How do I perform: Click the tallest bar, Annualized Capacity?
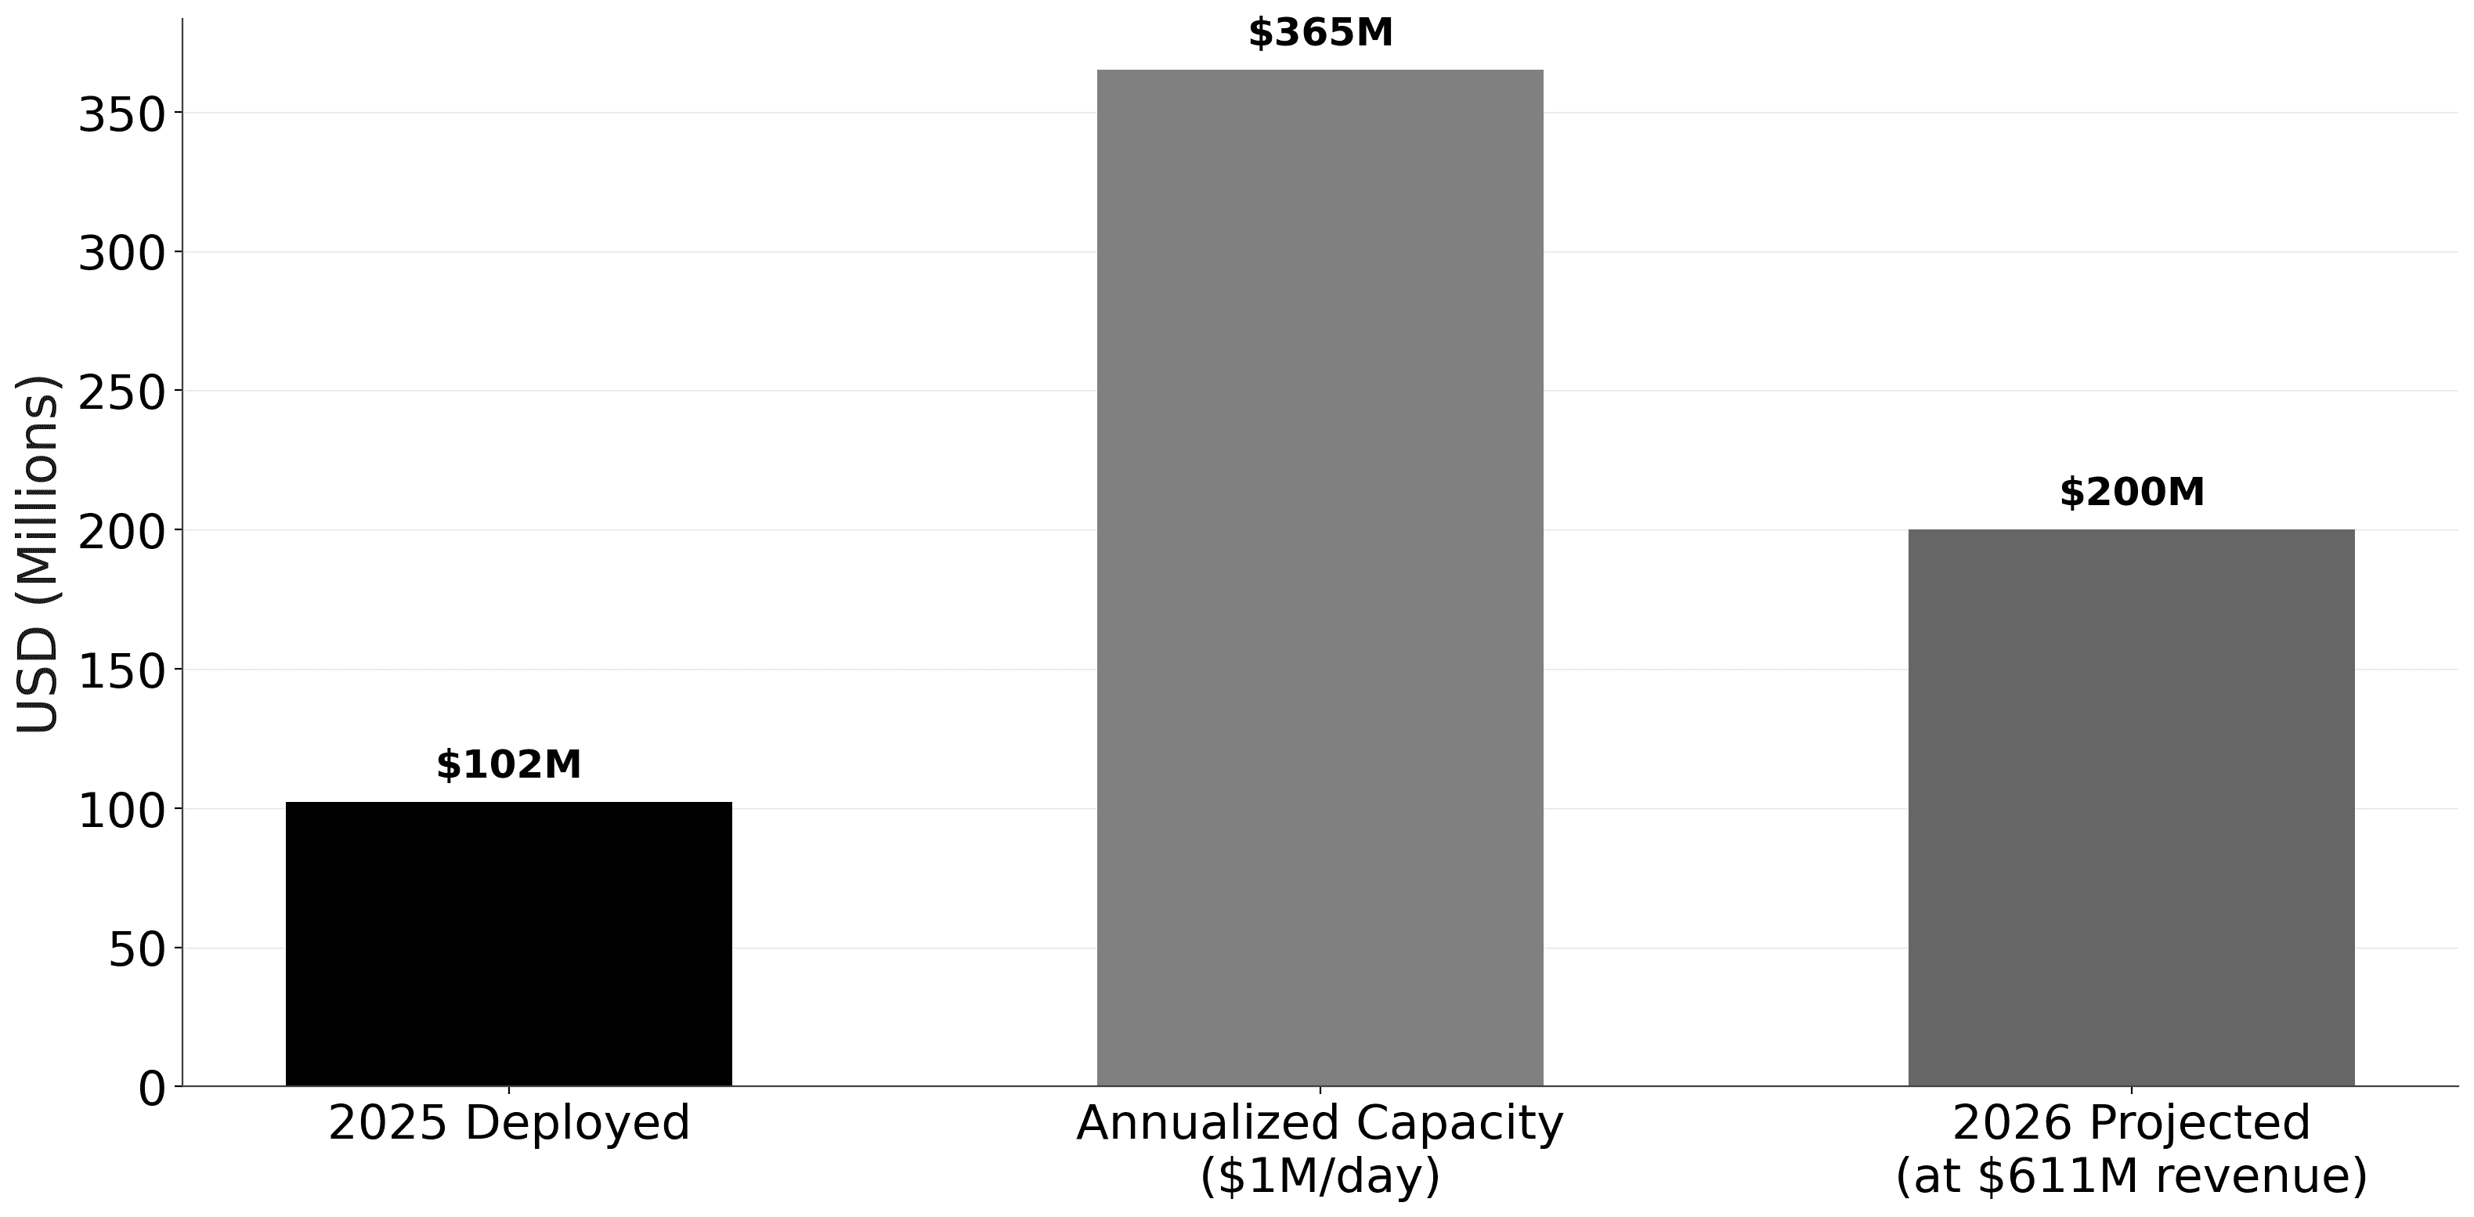click(x=1320, y=577)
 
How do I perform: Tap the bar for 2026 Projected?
click(x=2131, y=807)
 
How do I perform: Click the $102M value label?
click(x=508, y=764)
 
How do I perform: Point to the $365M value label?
click(x=1320, y=33)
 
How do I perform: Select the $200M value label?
click(x=2131, y=493)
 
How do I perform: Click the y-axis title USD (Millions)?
click(x=38, y=554)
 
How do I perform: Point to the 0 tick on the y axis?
click(x=153, y=1089)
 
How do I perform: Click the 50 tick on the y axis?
click(x=137, y=950)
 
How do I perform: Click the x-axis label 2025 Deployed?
click(x=508, y=1123)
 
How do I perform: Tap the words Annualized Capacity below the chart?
click(x=1320, y=1123)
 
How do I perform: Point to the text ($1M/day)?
click(x=1320, y=1175)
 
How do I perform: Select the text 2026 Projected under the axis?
click(x=2131, y=1123)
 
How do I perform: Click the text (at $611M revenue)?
click(x=2131, y=1175)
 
